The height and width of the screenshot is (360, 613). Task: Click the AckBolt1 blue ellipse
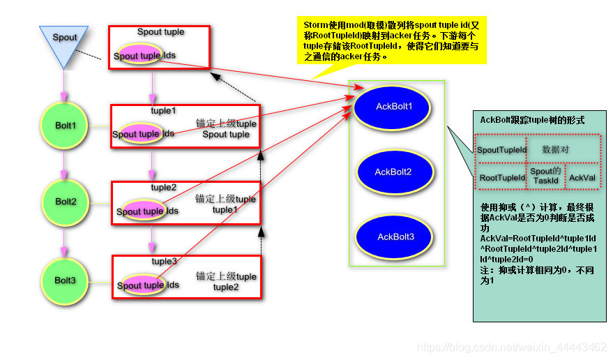click(x=393, y=107)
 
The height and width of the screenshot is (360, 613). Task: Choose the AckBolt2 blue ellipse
click(x=393, y=172)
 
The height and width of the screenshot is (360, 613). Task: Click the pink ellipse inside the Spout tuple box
click(x=137, y=56)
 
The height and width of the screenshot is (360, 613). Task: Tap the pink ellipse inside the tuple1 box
click(x=137, y=134)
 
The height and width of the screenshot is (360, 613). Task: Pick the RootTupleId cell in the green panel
click(x=501, y=177)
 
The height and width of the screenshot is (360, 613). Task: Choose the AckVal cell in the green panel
click(x=582, y=177)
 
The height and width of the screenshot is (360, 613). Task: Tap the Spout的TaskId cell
click(x=545, y=176)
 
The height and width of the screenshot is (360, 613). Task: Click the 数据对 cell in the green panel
click(x=561, y=149)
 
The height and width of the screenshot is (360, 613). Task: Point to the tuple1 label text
click(x=164, y=111)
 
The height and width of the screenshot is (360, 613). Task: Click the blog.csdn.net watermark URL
click(x=511, y=347)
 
